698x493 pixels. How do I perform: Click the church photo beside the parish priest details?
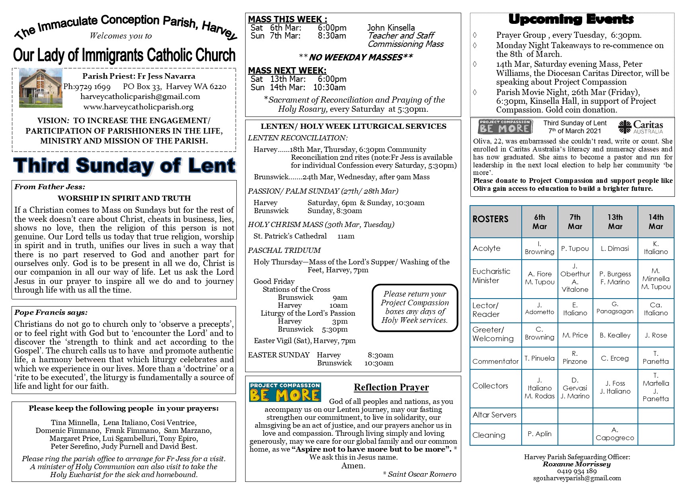click(41, 87)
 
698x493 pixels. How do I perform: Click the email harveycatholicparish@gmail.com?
click(140, 97)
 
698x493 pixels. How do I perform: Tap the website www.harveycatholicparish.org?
click(138, 107)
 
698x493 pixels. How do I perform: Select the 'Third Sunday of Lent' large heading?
click(124, 165)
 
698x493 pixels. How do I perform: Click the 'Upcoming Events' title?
click(571, 19)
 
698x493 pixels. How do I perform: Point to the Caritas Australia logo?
click(641, 127)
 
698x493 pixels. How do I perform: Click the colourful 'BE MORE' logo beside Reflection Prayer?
click(285, 392)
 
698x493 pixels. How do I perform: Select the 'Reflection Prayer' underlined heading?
click(391, 387)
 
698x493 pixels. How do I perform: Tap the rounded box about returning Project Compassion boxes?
click(415, 307)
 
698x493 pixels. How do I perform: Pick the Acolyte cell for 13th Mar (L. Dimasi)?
click(615, 248)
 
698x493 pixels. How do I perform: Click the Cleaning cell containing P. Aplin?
click(539, 434)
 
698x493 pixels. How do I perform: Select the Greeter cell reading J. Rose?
click(656, 335)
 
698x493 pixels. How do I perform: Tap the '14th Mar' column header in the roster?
click(656, 221)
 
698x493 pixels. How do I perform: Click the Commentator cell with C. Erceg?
click(615, 358)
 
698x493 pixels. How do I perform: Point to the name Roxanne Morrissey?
click(577, 464)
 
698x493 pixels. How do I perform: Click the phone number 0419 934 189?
click(577, 471)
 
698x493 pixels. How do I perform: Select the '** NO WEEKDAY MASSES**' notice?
click(355, 57)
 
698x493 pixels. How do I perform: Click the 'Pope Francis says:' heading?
click(51, 312)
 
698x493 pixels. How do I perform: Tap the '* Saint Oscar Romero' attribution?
click(419, 474)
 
